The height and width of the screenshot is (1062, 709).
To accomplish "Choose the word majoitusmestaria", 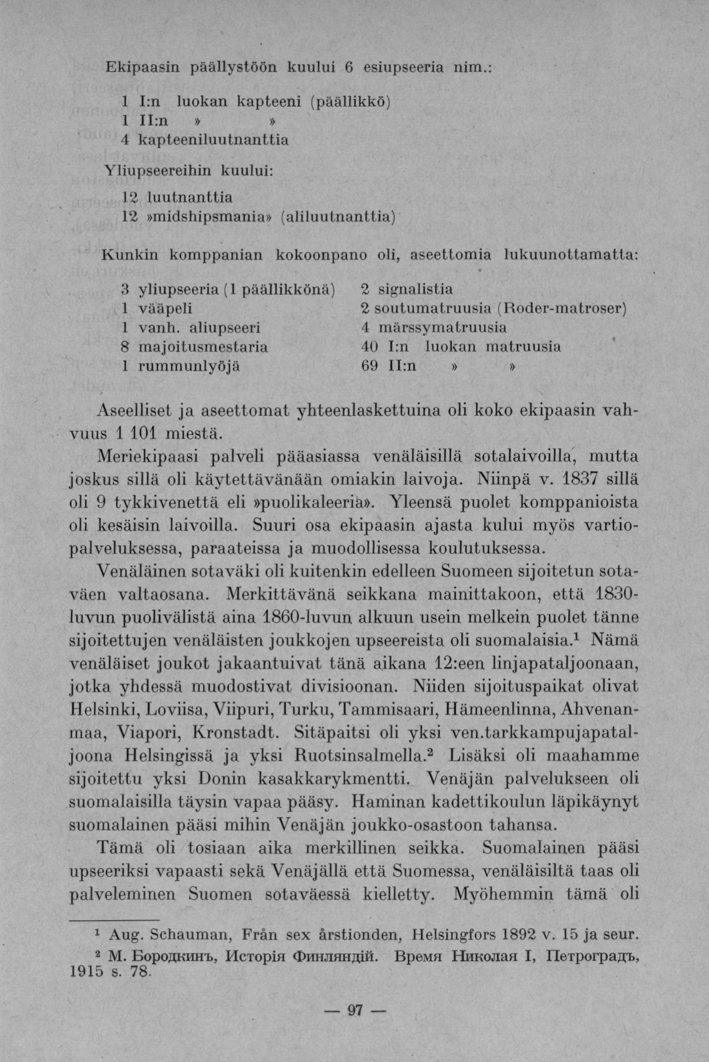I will pos(203,347).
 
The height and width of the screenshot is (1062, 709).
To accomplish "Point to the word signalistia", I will pos(415,289).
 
